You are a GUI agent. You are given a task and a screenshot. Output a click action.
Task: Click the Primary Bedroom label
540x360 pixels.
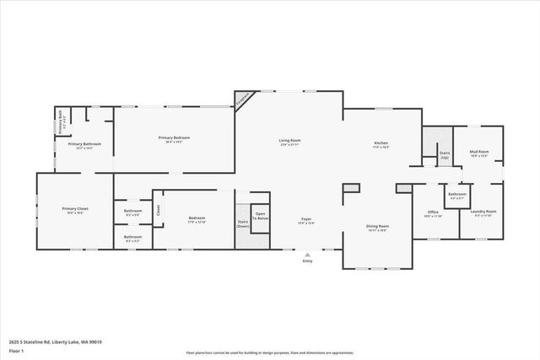click(x=174, y=137)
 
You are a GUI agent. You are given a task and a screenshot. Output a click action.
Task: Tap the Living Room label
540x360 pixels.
click(x=290, y=141)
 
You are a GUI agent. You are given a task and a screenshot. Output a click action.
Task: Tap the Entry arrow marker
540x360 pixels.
click(x=307, y=252)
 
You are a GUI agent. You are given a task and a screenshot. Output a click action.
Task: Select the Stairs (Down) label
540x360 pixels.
click(x=243, y=224)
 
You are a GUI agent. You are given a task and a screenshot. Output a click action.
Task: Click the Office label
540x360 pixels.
click(x=433, y=212)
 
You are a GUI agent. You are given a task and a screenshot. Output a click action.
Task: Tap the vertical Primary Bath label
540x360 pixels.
click(x=62, y=123)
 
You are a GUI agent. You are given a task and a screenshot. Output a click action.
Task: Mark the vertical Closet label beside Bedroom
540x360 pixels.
click(x=157, y=208)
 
